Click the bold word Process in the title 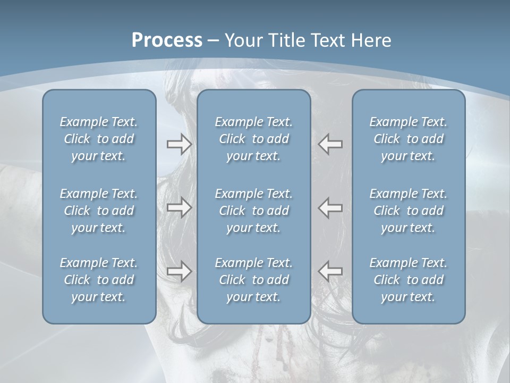pyautogui.click(x=167, y=40)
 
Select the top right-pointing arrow pyautogui.click(x=179, y=144)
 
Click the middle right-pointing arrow pyautogui.click(x=179, y=207)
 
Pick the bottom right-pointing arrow pyautogui.click(x=179, y=271)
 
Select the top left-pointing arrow pyautogui.click(x=330, y=144)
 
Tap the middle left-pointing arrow pyautogui.click(x=330, y=207)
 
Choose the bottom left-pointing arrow pyautogui.click(x=330, y=271)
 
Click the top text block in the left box pyautogui.click(x=99, y=139)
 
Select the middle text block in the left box pyautogui.click(x=99, y=211)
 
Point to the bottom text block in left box pyautogui.click(x=99, y=280)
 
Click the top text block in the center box pyautogui.click(x=253, y=139)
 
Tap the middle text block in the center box pyautogui.click(x=253, y=211)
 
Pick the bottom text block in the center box pyautogui.click(x=253, y=280)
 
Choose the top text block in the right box pyautogui.click(x=408, y=139)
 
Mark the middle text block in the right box pyautogui.click(x=408, y=211)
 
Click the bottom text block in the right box pyautogui.click(x=408, y=280)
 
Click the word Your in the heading pyautogui.click(x=243, y=40)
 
